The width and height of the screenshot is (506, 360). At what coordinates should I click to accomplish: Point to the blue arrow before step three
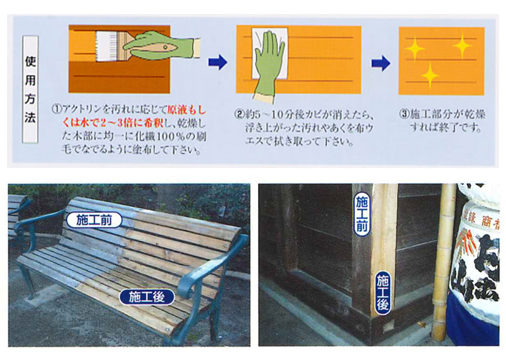pyautogui.click(x=379, y=64)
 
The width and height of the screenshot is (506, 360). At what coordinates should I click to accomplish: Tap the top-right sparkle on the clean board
pyautogui.click(x=462, y=46)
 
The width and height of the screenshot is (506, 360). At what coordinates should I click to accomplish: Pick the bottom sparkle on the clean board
pyautogui.click(x=430, y=74)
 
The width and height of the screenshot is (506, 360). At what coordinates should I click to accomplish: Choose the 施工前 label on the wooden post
pyautogui.click(x=363, y=215)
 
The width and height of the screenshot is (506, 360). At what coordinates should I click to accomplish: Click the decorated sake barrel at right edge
pyautogui.click(x=479, y=260)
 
